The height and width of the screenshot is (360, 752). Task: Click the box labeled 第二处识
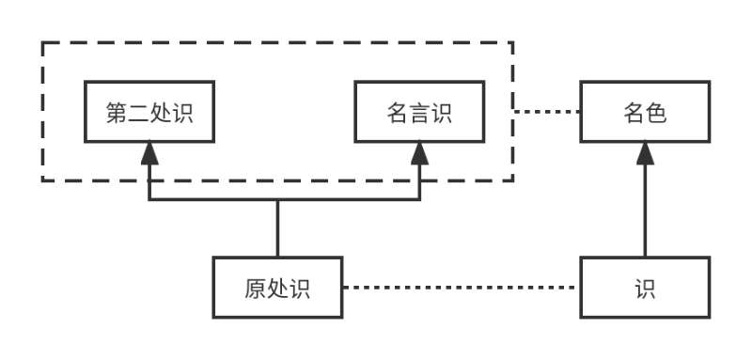pos(149,111)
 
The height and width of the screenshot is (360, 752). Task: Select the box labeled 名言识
pos(419,111)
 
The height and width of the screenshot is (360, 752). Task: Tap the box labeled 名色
pos(645,111)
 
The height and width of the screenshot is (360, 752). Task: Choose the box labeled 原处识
pos(277,287)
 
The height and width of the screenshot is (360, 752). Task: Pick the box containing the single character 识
pos(645,287)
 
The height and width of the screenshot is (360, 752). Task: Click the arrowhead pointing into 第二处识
pos(149,153)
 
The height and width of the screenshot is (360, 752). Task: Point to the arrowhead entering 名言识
pos(419,153)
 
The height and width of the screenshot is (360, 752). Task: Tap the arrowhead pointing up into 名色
pos(645,153)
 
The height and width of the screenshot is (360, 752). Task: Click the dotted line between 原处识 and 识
pos(461,287)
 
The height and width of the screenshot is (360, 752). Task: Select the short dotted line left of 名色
pos(547,111)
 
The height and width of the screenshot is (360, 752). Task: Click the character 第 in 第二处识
pos(117,112)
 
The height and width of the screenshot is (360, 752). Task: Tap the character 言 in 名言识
pos(419,112)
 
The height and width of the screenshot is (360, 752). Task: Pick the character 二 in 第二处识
pos(138,112)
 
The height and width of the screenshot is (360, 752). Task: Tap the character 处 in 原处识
pos(277,288)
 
